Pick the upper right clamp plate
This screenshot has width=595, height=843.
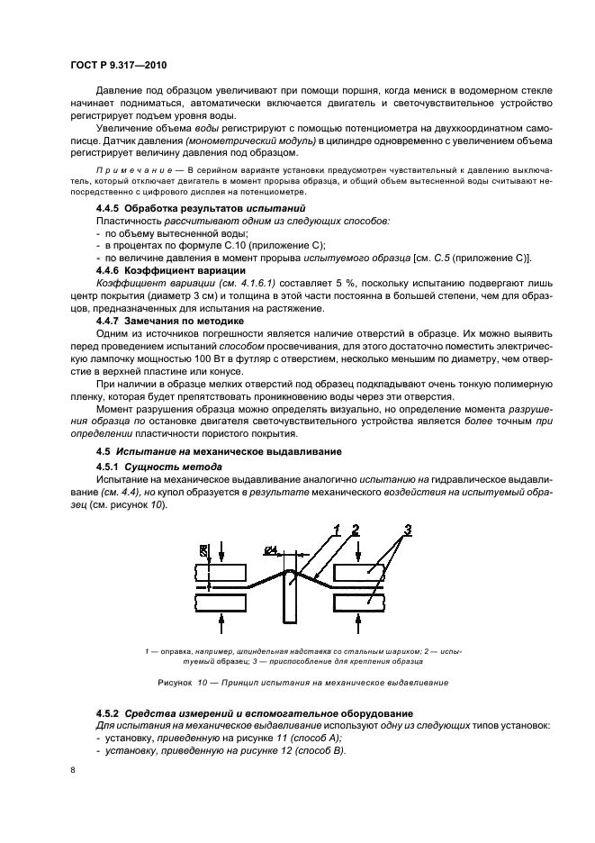362,573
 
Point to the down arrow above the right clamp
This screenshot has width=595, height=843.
363,549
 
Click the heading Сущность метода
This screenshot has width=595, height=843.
169,466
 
